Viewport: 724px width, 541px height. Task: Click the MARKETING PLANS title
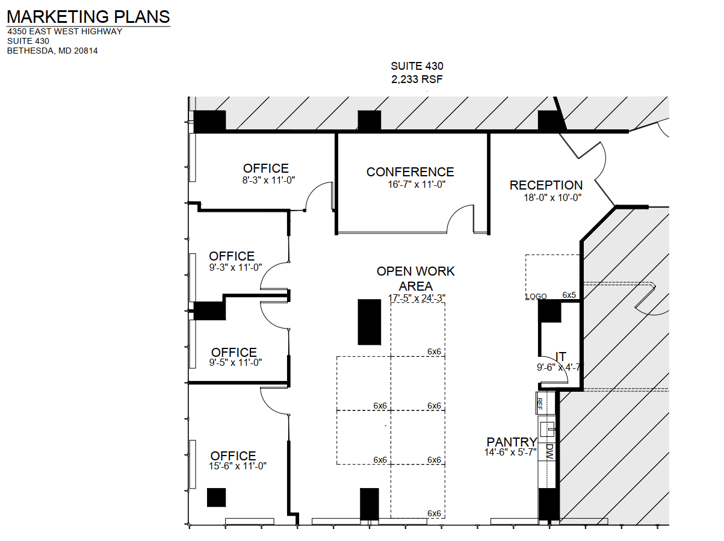[88, 17]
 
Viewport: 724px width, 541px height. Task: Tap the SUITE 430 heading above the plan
[417, 66]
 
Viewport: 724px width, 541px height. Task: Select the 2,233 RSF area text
[417, 79]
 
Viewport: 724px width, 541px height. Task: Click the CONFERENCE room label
[410, 173]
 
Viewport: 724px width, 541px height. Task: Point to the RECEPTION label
[546, 185]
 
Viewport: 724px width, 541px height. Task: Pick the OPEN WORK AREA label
[416, 279]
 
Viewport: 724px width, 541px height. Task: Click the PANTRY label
[512, 442]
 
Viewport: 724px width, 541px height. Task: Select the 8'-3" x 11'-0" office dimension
[265, 180]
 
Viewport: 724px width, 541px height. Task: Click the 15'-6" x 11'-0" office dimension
[238, 466]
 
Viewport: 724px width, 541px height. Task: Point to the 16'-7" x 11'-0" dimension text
[416, 185]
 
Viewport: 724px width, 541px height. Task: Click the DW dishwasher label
[549, 451]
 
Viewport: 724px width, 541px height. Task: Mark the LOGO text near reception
[536, 297]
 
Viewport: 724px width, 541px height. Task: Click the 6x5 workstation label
[569, 295]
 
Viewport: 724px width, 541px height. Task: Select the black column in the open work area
[370, 322]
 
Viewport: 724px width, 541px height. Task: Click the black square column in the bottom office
[216, 497]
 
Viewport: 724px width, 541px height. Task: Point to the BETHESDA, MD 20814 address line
[52, 51]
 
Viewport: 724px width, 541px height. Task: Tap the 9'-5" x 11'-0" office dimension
[235, 363]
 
